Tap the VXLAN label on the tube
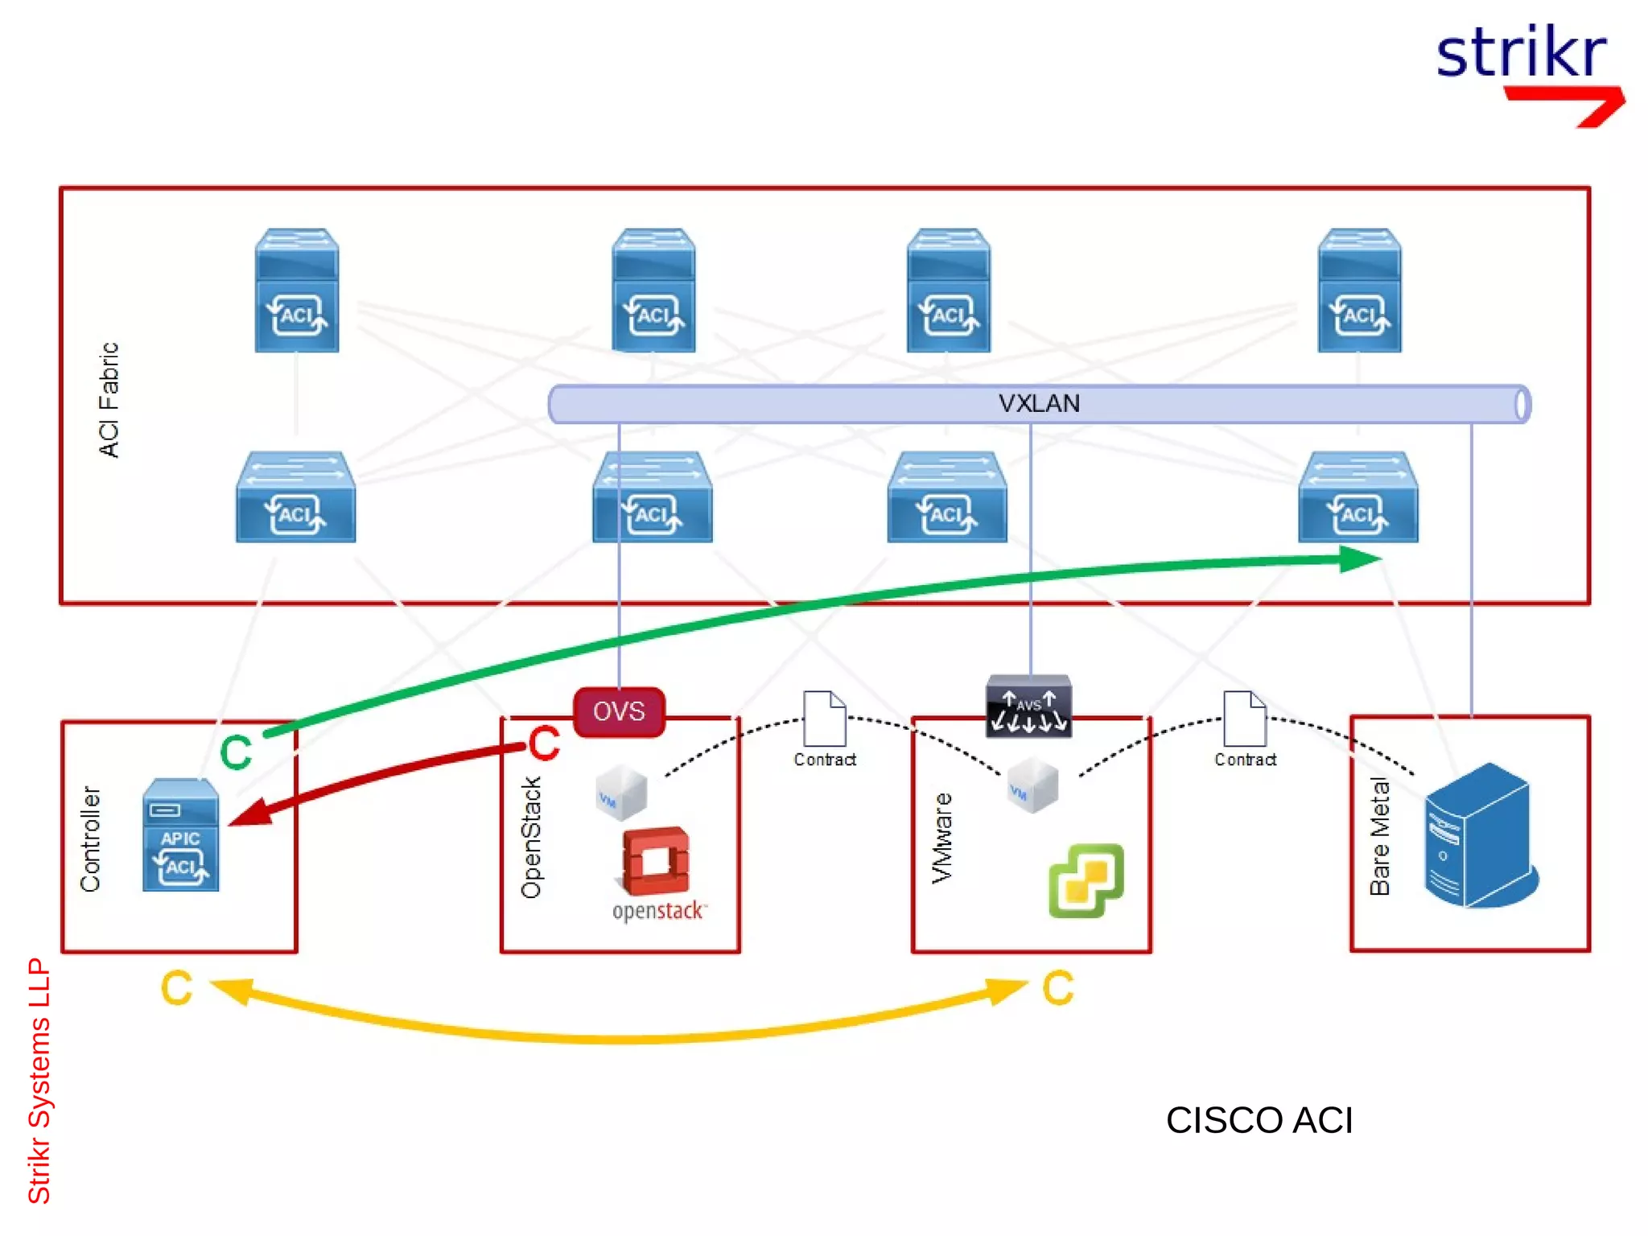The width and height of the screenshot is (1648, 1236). click(x=1038, y=403)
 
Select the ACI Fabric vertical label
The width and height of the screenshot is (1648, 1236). click(x=109, y=400)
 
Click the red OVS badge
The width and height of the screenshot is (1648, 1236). click(x=619, y=711)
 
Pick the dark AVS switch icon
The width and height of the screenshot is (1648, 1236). click(x=1028, y=706)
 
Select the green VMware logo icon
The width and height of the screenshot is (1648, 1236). click(x=1086, y=880)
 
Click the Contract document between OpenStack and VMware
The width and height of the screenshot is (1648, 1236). click(x=824, y=719)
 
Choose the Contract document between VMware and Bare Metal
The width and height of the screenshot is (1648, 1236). click(x=1244, y=719)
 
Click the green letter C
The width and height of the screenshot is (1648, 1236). click(x=236, y=752)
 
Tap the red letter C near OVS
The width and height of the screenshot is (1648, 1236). click(x=544, y=744)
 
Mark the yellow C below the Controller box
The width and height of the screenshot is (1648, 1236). click(x=176, y=988)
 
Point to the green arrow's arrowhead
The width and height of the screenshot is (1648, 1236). click(x=1360, y=558)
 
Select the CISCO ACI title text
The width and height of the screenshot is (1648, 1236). click(x=1259, y=1119)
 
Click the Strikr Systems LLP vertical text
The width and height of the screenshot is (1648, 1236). click(x=39, y=1080)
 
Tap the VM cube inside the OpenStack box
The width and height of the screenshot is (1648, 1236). click(x=620, y=793)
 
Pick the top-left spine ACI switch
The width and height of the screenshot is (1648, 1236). click(x=296, y=290)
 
